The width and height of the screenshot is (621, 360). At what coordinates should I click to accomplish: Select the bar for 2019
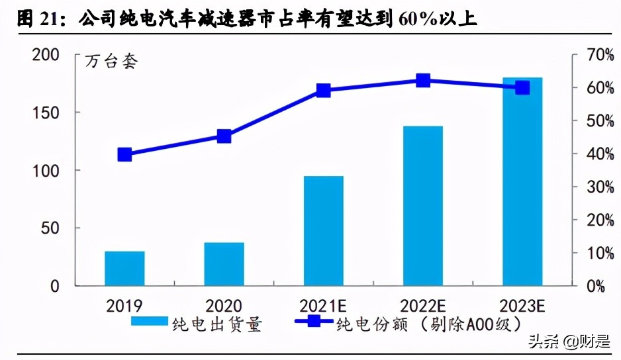124,269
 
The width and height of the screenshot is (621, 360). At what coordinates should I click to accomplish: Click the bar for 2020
224,264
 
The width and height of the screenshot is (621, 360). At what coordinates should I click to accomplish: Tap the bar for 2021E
323,231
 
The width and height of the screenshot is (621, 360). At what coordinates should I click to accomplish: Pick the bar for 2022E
423,206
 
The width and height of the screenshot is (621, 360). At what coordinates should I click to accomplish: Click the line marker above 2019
124,155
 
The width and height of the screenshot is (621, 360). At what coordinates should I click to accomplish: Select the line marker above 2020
224,136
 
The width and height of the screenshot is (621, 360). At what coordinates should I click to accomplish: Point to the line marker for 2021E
323,91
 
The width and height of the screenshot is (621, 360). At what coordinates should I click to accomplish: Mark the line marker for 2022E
423,81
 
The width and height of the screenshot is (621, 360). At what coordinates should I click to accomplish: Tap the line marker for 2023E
522,87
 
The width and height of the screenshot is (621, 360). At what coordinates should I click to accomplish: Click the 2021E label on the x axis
323,306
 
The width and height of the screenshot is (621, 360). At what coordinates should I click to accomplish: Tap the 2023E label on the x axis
522,306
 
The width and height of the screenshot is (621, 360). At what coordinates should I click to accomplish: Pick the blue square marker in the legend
312,323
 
